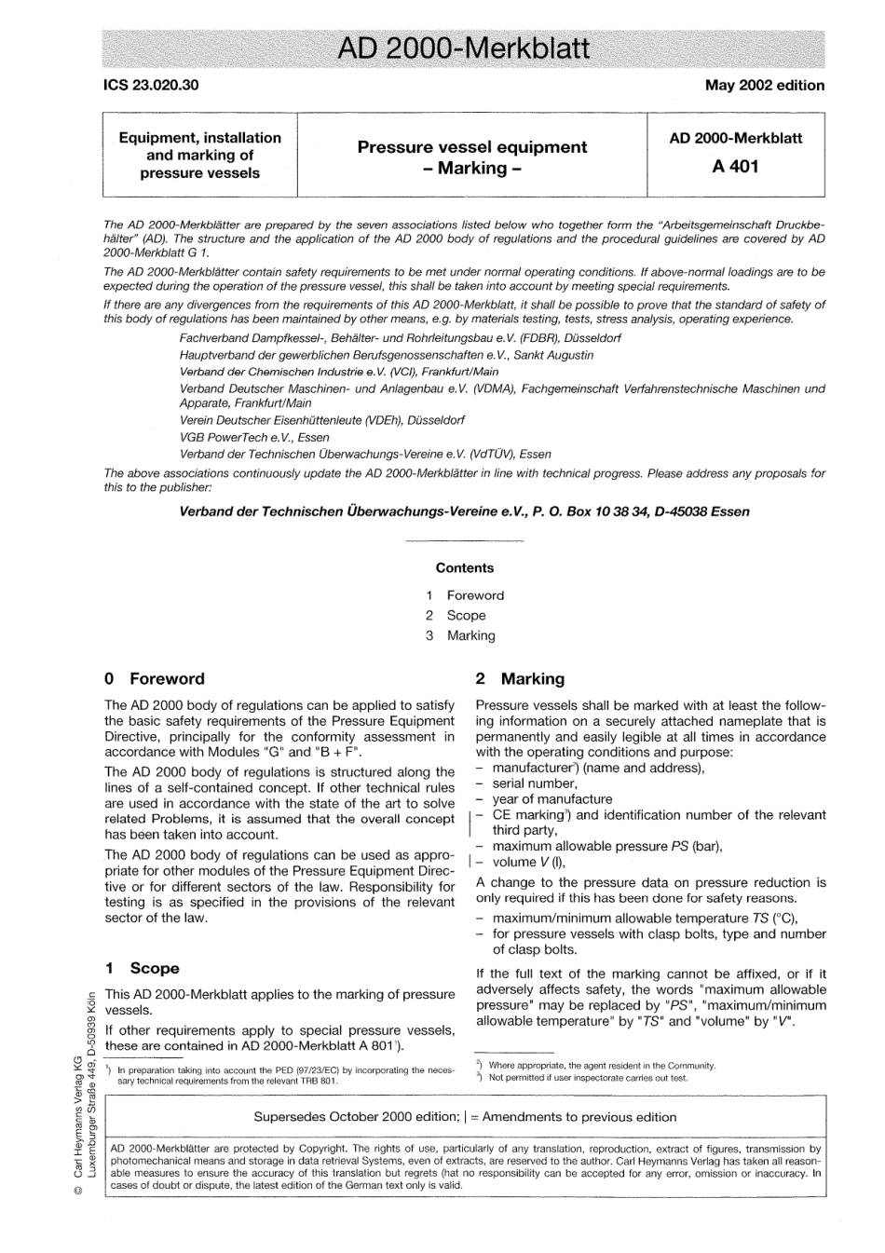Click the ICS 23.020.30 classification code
[151, 85]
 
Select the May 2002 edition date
[764, 85]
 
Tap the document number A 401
[735, 166]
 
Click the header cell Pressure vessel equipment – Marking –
[471, 157]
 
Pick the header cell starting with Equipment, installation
[199, 155]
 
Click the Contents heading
[465, 567]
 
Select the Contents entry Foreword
[475, 595]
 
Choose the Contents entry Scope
[466, 615]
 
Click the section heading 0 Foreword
[155, 679]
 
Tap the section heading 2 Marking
[520, 679]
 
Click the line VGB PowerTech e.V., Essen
[254, 437]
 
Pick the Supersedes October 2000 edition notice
[465, 1116]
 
